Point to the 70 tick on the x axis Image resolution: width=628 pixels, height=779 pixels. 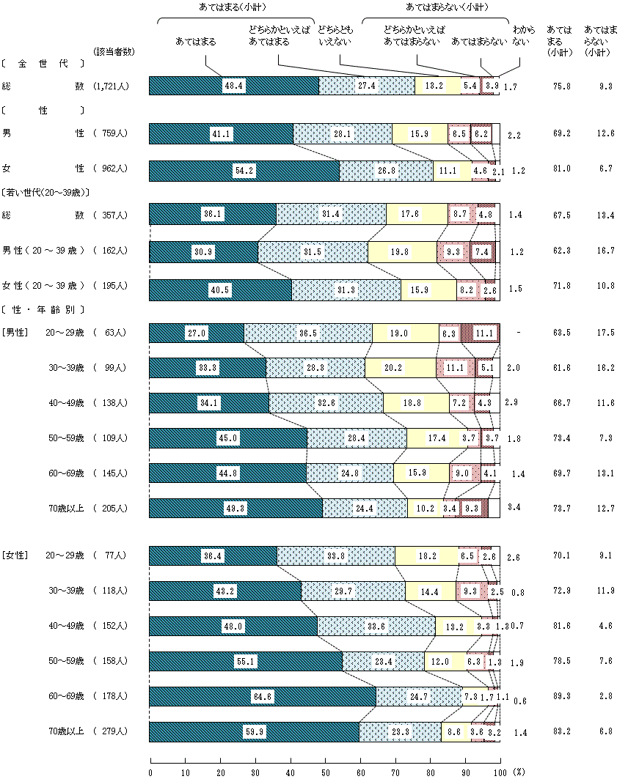[395, 772]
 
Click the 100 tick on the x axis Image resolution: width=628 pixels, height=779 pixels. [500, 772]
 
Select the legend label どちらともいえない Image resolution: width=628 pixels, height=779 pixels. [335, 37]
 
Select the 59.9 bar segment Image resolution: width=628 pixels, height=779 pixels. [255, 731]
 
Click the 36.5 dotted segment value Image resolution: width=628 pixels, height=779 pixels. [307, 333]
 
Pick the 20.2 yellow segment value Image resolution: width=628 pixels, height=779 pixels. [400, 368]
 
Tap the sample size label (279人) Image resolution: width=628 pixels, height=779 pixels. [112, 731]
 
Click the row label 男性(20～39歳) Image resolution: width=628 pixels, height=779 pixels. [44, 251]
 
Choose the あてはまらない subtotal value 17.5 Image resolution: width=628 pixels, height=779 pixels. [606, 333]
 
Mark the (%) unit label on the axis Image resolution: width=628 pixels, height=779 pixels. [519, 772]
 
